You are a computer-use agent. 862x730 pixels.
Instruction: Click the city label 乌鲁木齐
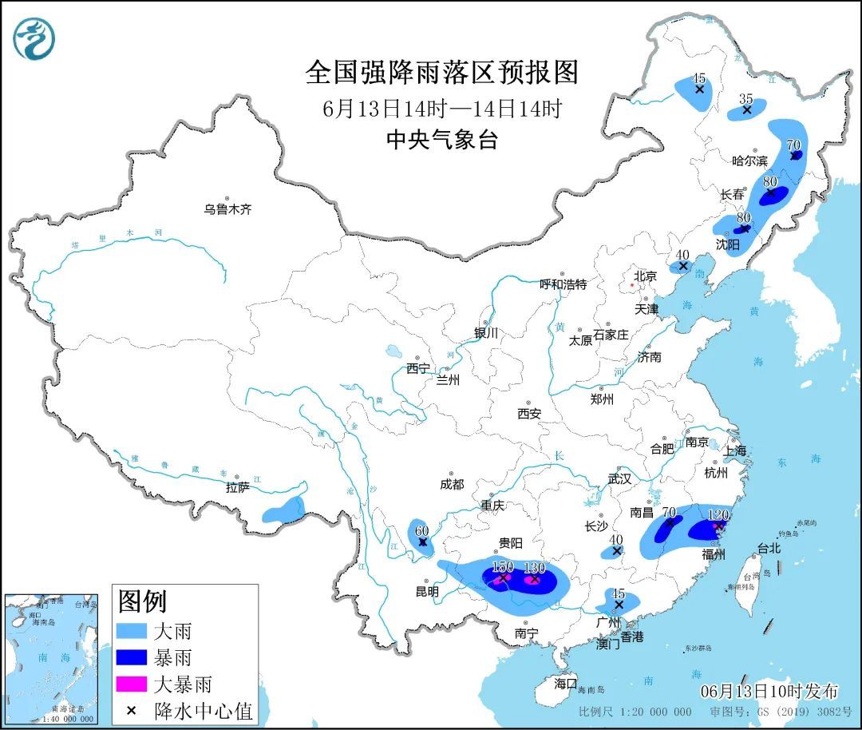click(x=227, y=209)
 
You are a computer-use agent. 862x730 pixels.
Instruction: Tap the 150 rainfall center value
click(x=502, y=566)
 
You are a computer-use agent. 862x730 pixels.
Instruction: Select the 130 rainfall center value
click(x=534, y=568)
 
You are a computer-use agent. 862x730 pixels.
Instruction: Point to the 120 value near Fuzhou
click(x=719, y=515)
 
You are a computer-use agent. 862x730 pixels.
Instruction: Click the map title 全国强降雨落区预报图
click(x=441, y=73)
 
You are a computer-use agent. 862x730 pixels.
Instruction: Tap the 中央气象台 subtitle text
click(x=441, y=141)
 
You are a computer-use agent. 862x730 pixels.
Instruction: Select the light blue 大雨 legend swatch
click(x=132, y=631)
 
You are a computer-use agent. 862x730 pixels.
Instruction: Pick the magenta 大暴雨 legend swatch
click(x=132, y=684)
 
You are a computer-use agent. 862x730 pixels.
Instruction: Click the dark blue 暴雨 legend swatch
click(x=132, y=657)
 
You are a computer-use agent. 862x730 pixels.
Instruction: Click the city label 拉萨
click(x=238, y=487)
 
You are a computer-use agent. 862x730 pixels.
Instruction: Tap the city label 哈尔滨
click(x=749, y=161)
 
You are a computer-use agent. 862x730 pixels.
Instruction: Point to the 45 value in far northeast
click(x=699, y=78)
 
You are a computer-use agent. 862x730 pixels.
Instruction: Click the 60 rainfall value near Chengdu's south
click(x=421, y=530)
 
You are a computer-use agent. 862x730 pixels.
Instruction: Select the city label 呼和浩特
click(x=563, y=284)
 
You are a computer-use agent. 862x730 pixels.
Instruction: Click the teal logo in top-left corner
click(x=34, y=38)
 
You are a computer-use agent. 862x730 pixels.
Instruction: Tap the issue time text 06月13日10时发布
click(x=769, y=691)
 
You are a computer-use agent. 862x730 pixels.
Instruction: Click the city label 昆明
click(x=427, y=592)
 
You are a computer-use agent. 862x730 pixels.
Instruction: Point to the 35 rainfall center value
click(x=746, y=98)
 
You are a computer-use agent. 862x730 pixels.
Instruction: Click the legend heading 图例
click(x=142, y=600)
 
